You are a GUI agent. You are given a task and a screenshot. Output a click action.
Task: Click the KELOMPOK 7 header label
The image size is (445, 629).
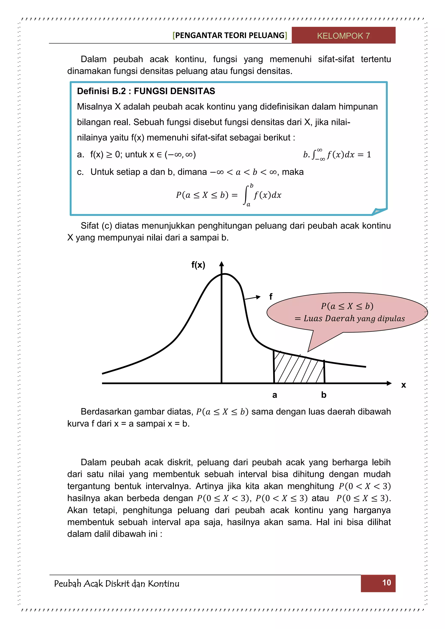click(343, 36)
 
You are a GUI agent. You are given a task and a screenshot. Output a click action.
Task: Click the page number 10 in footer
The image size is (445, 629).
click(386, 583)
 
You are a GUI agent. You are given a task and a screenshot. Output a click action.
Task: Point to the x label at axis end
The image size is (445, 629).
click(403, 385)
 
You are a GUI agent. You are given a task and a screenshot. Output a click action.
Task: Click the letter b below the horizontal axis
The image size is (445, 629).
click(324, 395)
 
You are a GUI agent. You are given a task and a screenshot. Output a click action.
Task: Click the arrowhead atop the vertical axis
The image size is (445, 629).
click(222, 264)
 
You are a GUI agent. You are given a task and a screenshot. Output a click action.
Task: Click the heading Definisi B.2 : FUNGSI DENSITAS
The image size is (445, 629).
click(146, 91)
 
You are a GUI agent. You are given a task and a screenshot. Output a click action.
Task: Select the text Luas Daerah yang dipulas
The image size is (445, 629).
click(354, 319)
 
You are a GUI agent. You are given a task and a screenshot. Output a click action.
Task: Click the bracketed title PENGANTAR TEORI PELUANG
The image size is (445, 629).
click(230, 35)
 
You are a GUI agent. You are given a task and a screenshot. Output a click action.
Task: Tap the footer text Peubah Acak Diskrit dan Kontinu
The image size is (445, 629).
click(117, 584)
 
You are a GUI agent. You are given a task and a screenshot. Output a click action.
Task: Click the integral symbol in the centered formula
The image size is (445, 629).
click(246, 195)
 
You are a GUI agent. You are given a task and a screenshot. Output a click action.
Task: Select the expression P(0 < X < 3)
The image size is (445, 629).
click(364, 486)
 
